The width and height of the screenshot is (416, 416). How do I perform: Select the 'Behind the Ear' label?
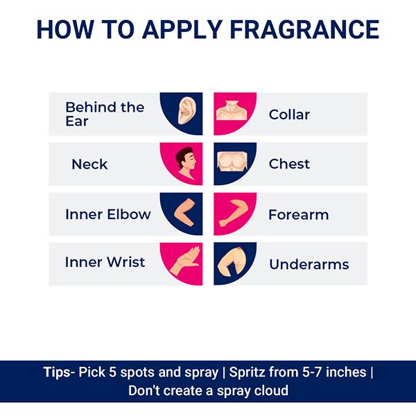point(104,114)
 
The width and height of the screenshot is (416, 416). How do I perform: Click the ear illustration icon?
point(185,111)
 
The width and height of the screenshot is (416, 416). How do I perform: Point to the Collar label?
point(289,114)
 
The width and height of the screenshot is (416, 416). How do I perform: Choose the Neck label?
point(89,164)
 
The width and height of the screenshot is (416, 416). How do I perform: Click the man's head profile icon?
point(185,163)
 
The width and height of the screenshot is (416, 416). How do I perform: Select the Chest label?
point(289,164)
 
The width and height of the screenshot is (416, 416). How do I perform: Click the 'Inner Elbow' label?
point(107,214)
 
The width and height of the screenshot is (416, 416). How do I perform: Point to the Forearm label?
point(298,214)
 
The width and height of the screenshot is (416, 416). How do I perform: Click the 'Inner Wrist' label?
point(105,262)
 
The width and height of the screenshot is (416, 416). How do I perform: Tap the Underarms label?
point(309,264)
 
